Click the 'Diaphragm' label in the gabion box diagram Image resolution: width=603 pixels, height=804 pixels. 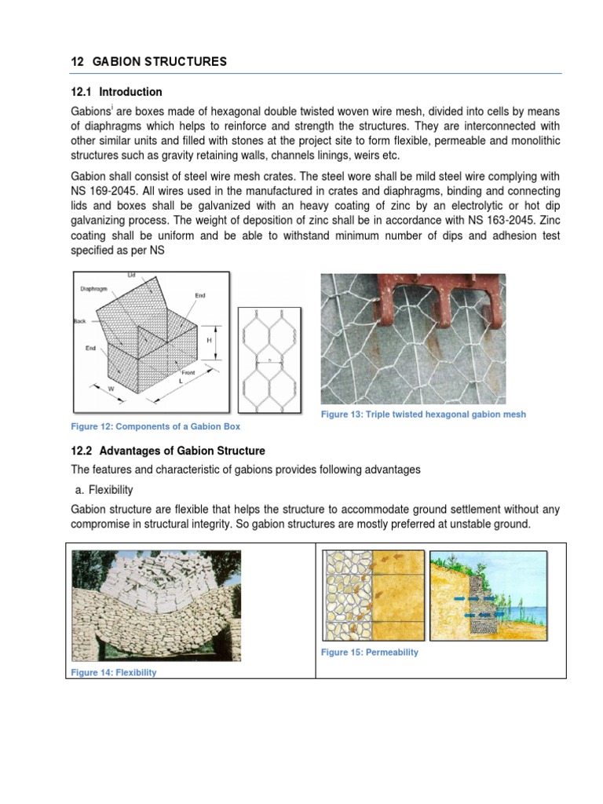[x=93, y=289]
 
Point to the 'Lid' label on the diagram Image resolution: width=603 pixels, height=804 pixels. [x=131, y=276]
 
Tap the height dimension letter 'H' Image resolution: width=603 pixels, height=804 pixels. [x=210, y=342]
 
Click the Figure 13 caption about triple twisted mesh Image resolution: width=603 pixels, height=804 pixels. [x=423, y=414]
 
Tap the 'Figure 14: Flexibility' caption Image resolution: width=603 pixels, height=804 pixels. [x=114, y=672]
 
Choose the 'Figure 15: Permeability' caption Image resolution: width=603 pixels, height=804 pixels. [x=369, y=652]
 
